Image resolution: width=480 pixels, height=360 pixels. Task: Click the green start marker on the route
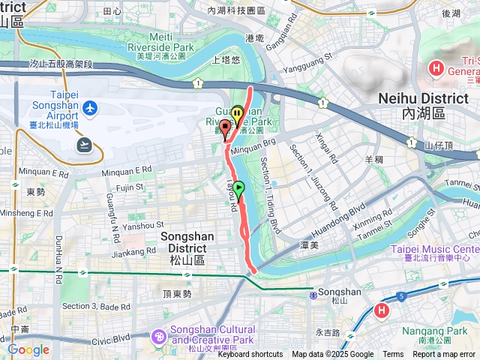coord(238,188)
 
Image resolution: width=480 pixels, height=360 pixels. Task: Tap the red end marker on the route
coord(224,126)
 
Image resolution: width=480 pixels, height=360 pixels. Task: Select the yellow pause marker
coord(237,115)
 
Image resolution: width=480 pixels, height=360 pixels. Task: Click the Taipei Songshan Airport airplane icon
coord(91,109)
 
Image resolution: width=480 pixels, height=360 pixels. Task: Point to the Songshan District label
coord(187,242)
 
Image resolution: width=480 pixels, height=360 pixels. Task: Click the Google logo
coord(28,349)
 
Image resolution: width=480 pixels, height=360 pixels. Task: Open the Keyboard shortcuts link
coord(250,355)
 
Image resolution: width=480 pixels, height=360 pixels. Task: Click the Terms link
coord(393,355)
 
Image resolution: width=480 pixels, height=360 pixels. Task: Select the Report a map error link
coord(445,355)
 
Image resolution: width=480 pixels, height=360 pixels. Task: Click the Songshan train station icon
coord(313,295)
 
